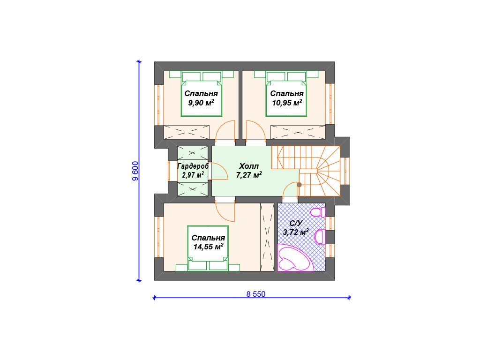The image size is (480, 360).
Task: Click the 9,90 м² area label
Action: click(201, 103)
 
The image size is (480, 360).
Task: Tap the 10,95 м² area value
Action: click(287, 103)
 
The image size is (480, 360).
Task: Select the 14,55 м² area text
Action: click(208, 247)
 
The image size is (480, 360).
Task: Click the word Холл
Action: click(249, 166)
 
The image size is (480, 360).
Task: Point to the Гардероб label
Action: click(193, 166)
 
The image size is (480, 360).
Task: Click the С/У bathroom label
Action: click(296, 224)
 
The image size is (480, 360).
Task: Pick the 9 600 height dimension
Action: click(135, 171)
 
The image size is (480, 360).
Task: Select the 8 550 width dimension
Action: click(256, 294)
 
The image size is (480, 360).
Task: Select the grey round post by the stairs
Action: click(299, 185)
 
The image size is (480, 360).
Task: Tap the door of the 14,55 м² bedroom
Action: click(225, 212)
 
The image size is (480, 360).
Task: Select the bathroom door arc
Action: click(290, 192)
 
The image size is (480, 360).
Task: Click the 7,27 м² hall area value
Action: click(249, 175)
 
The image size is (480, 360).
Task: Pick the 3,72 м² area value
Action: click(296, 232)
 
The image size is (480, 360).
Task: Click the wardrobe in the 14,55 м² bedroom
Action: click(267, 237)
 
